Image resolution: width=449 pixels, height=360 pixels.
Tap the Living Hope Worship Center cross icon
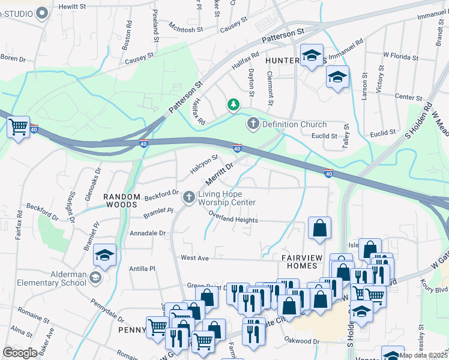(x=189, y=197)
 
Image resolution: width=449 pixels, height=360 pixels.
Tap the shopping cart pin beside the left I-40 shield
(x=19, y=127)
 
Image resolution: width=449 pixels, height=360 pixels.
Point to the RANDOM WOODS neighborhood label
(x=125, y=196)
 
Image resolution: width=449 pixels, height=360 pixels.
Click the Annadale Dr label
(x=147, y=232)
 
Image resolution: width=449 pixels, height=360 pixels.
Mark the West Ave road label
(x=194, y=257)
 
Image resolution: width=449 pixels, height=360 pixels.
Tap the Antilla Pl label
(x=143, y=269)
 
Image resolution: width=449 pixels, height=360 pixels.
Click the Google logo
(x=20, y=352)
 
